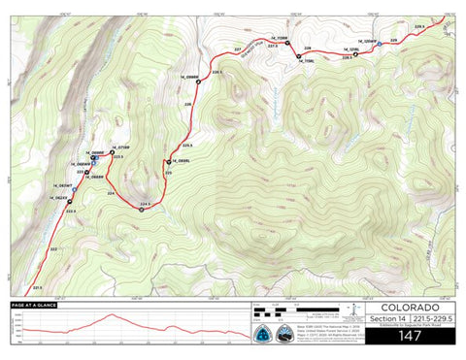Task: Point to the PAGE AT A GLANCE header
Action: [39, 306]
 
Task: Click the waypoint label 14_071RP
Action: [120, 147]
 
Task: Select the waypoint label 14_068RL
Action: [178, 161]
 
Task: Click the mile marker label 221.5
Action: [36, 287]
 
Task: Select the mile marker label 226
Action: [187, 104]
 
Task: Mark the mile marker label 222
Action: [52, 249]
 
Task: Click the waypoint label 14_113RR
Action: [274, 41]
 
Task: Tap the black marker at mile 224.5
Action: [142, 211]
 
